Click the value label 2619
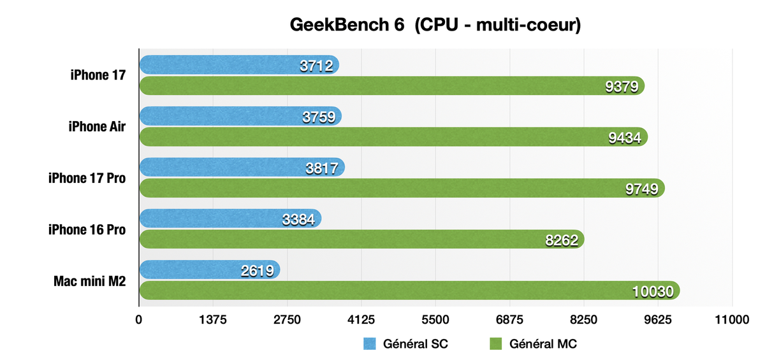258,271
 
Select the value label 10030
653,292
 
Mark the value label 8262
562,240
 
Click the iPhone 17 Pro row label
87,178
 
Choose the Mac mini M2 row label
89,280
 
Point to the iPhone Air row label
97,126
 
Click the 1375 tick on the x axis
213,320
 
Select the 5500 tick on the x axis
435,320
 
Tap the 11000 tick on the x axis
732,320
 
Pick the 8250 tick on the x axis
584,320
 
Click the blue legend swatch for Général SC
370,344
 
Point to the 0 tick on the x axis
139,320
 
